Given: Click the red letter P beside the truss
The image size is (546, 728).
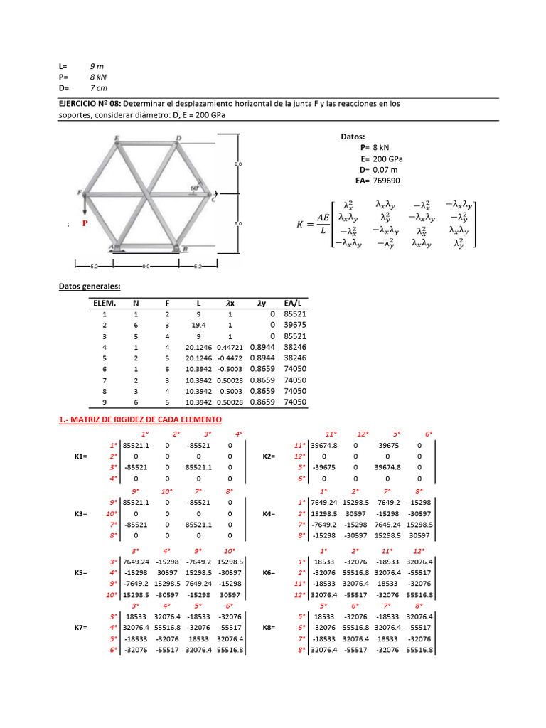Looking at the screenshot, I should coord(85,223).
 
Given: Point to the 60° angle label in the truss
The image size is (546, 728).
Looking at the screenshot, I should coord(193,188).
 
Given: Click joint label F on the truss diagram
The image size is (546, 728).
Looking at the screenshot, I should coord(79,193).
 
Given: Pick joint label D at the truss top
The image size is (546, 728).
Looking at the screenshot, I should coord(178,139).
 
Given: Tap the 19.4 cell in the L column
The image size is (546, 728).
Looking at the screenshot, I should coord(198,325).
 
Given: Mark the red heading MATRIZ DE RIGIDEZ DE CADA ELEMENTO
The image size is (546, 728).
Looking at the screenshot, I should coord(140,419).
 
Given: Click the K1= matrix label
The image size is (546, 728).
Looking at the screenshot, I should coord(82,457).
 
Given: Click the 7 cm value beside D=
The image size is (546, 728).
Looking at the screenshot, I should coord(100,87).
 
